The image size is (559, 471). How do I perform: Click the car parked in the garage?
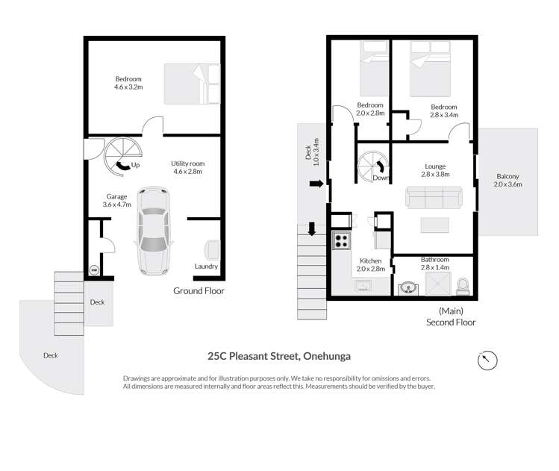[153, 231]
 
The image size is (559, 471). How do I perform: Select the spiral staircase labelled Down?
[371, 165]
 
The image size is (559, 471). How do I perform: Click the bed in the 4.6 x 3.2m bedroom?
[187, 83]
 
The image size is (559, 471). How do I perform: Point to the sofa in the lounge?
[434, 198]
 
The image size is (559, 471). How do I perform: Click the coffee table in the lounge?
[434, 225]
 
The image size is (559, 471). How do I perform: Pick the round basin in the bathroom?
[407, 287]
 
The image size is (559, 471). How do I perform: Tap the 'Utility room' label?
[187, 166]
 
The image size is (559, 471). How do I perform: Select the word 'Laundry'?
[206, 266]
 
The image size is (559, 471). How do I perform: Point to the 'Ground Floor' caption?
[199, 291]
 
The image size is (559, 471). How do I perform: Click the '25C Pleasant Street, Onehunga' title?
[278, 357]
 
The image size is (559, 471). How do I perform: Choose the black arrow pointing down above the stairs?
[312, 228]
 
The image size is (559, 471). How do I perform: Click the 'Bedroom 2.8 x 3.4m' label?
[444, 110]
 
